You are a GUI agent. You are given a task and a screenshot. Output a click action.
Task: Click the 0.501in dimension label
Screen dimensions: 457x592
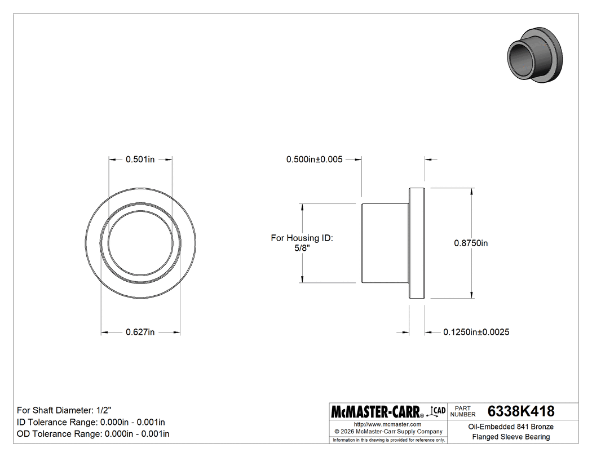pos(140,159)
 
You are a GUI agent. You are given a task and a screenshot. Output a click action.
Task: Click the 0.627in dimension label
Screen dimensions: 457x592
pos(140,332)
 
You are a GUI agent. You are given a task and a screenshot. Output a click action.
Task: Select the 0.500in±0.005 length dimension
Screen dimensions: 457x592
pos(314,159)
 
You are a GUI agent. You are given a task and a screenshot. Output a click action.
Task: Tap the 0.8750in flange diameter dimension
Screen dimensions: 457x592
pos(471,243)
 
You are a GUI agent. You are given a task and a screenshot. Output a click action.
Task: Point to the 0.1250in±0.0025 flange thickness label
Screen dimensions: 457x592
pos(476,332)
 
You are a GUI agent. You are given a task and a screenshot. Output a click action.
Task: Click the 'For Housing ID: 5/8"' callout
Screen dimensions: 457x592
pos(302,243)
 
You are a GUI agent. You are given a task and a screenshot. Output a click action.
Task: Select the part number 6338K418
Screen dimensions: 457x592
pos(520,411)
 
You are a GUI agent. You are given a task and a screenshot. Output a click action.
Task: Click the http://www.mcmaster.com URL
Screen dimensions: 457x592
pos(387,424)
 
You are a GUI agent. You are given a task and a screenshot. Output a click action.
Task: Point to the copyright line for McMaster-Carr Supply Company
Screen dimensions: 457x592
pos(387,432)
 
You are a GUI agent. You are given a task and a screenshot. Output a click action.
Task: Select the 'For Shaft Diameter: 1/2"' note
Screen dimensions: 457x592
pos(68,410)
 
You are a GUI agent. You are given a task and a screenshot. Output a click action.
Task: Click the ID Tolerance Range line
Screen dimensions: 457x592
pos(91,422)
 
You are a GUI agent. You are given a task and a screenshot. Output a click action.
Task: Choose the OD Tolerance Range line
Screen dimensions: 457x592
pos(93,434)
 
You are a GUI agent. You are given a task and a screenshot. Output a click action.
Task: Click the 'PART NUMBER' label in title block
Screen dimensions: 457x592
pos(463,411)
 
